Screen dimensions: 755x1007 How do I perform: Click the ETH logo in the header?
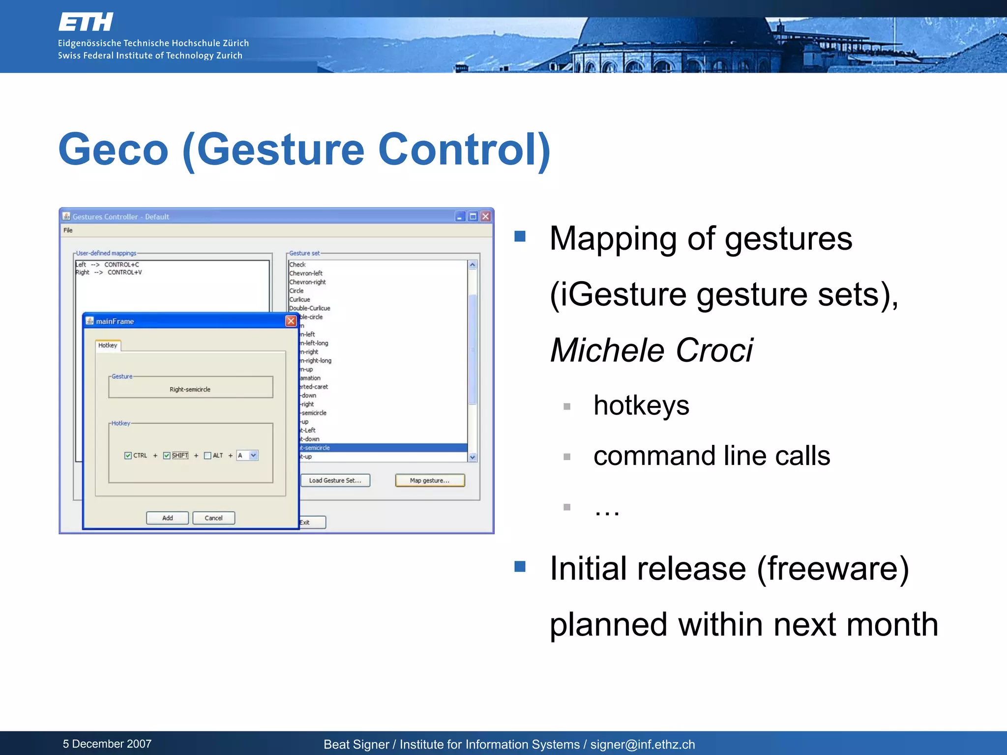pos(86,23)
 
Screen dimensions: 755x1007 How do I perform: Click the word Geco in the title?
pos(114,149)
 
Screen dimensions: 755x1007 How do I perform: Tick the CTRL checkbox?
pos(128,456)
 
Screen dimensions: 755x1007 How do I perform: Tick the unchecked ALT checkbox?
pos(207,456)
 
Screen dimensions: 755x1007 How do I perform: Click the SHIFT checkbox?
pos(167,456)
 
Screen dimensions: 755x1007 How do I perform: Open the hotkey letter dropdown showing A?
pos(253,456)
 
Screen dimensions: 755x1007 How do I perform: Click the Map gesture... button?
pos(430,480)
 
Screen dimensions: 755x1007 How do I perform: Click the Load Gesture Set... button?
pos(335,480)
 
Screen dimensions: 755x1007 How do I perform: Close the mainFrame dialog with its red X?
pos(291,321)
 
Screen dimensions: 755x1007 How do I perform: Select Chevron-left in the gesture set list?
pos(306,273)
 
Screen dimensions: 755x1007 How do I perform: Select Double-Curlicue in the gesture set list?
pos(310,308)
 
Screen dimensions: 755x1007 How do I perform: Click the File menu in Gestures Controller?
pos(68,230)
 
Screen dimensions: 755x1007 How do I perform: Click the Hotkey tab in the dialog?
pos(108,345)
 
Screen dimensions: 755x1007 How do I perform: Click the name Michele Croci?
pos(651,350)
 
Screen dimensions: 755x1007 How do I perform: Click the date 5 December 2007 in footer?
pos(107,744)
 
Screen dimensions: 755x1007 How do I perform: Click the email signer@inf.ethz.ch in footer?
pos(642,744)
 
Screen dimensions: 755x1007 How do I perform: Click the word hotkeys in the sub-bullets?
pos(641,406)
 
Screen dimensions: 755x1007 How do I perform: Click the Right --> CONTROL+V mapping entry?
pos(109,272)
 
